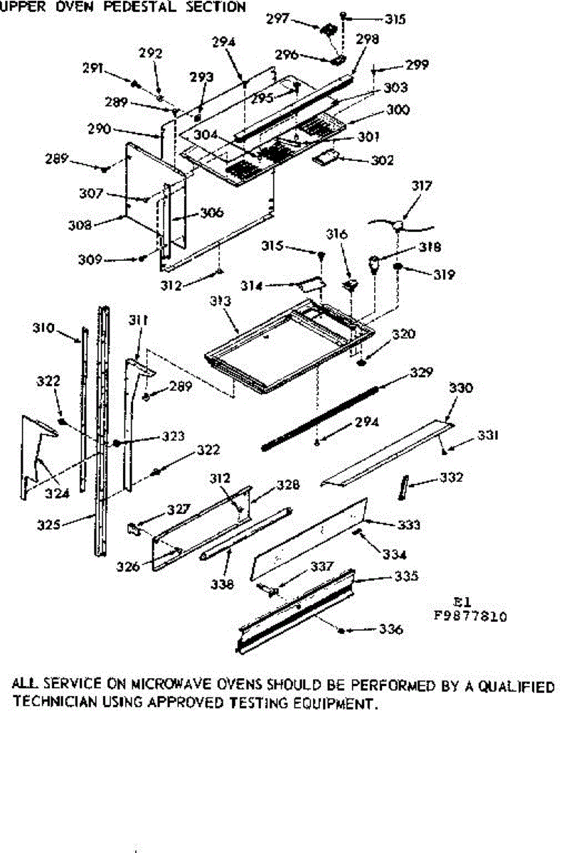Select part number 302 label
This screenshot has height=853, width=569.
(382, 161)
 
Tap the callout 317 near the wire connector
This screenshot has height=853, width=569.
(421, 187)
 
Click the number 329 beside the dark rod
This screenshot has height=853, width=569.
(421, 372)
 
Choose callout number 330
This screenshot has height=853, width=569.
(460, 388)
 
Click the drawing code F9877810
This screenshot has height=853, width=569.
(470, 617)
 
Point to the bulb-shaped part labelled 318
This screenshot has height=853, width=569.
(373, 267)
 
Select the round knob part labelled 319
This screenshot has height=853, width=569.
(399, 268)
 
